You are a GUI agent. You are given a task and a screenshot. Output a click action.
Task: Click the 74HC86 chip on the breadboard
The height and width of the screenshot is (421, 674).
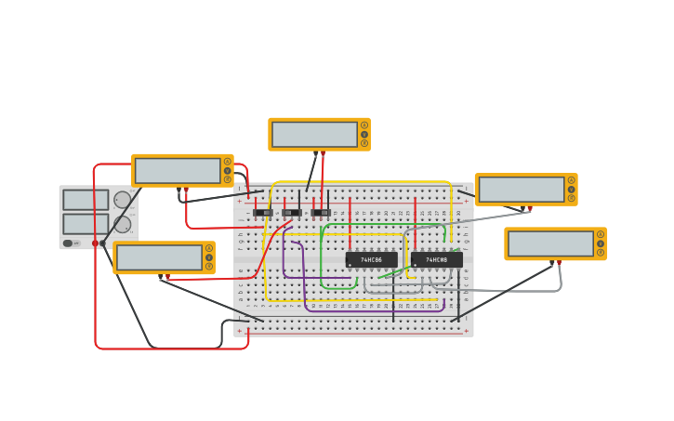[371, 259]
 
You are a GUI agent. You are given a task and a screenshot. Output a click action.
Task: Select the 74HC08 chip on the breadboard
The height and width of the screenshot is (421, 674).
[436, 259]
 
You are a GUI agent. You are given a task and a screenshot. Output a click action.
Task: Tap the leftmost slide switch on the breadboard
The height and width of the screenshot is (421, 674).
[263, 213]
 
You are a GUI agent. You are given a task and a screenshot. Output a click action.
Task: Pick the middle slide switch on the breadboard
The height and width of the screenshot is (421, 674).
[292, 213]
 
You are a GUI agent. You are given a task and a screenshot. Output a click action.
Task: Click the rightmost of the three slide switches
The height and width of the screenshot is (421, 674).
[321, 213]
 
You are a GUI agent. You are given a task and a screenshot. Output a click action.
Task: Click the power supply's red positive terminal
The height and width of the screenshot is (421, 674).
[95, 243]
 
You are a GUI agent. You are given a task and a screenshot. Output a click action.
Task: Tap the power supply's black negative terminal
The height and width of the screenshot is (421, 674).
[102, 243]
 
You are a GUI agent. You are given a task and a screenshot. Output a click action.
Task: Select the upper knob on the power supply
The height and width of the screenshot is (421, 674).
[122, 200]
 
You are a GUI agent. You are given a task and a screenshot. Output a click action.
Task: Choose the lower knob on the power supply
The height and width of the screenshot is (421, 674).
[122, 224]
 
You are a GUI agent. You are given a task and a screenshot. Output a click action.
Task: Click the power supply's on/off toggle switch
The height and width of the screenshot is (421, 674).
[68, 243]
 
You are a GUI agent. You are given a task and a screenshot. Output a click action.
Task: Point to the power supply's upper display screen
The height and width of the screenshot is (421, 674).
[86, 200]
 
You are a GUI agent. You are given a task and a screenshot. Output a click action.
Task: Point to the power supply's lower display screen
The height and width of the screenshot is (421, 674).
[86, 224]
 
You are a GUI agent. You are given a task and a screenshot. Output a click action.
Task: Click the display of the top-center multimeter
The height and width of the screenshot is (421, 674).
[314, 134]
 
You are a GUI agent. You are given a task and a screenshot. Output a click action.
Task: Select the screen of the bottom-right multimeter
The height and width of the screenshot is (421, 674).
[550, 243]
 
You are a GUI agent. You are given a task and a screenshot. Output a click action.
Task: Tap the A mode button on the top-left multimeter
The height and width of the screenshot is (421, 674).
[227, 162]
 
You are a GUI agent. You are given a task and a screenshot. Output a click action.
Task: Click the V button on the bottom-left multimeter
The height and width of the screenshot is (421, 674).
[209, 257]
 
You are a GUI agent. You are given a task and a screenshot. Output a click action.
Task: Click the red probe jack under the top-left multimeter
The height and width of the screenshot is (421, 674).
[186, 190]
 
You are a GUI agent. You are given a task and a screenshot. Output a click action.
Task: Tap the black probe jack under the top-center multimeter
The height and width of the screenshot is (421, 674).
[315, 152]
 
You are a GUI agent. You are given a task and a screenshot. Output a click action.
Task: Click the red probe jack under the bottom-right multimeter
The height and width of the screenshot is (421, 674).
[559, 262]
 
